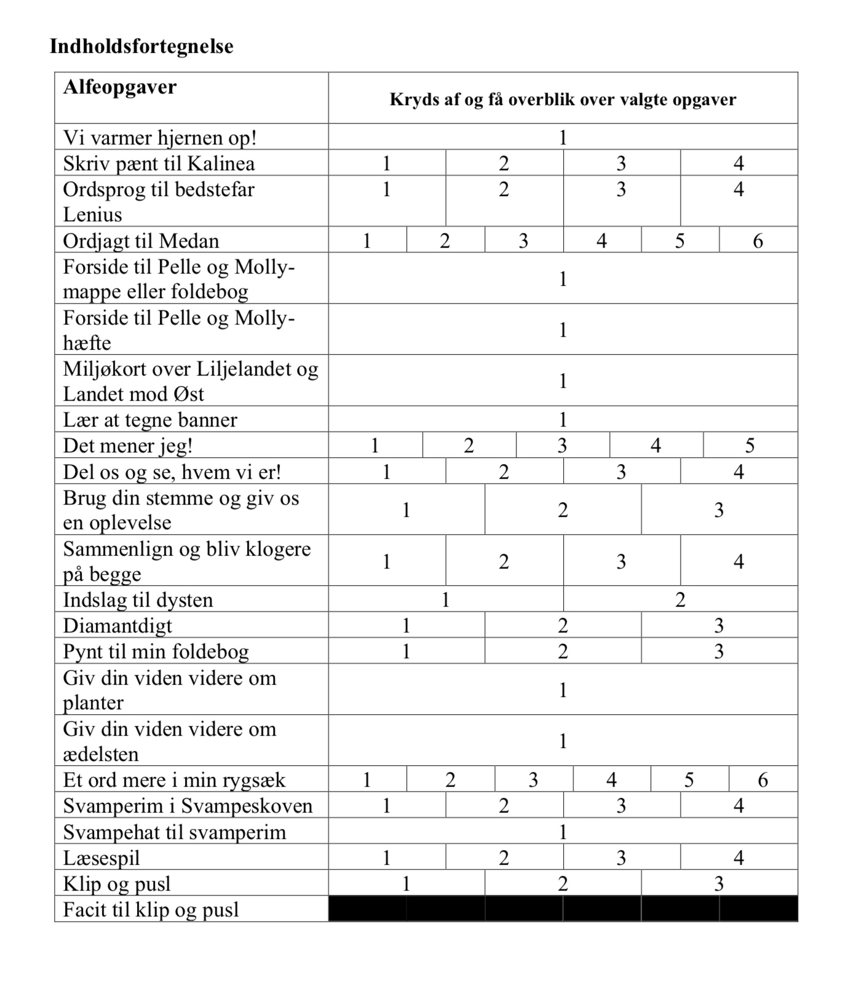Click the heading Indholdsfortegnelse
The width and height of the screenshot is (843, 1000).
point(141,47)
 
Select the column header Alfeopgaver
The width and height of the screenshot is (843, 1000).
point(120,87)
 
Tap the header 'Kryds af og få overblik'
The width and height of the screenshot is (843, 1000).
point(563,100)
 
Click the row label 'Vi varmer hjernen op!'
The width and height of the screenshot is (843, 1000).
point(160,137)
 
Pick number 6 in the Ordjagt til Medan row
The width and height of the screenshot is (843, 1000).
point(758,240)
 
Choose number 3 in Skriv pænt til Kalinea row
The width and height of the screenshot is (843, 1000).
point(621,163)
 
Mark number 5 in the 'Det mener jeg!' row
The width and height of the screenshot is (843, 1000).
point(750,446)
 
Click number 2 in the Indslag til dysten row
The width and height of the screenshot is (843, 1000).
point(680,599)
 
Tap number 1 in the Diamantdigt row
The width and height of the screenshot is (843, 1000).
point(406,626)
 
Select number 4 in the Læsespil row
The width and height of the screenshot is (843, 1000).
point(738,857)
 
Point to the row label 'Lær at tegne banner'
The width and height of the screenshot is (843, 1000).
point(150,420)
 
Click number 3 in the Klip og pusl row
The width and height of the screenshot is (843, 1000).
point(719,884)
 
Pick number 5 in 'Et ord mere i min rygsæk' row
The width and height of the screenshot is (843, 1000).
point(689,779)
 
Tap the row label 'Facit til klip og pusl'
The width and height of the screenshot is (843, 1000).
point(151,910)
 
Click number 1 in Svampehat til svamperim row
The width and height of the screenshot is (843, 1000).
point(563,832)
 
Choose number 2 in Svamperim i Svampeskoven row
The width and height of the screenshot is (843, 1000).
point(504,805)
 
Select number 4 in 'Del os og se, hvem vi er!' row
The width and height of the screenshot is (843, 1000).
point(738,472)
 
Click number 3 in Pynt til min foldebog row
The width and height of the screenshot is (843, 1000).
point(719,652)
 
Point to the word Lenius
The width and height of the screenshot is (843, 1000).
point(92,215)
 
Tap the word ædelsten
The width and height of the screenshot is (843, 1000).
point(101,754)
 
